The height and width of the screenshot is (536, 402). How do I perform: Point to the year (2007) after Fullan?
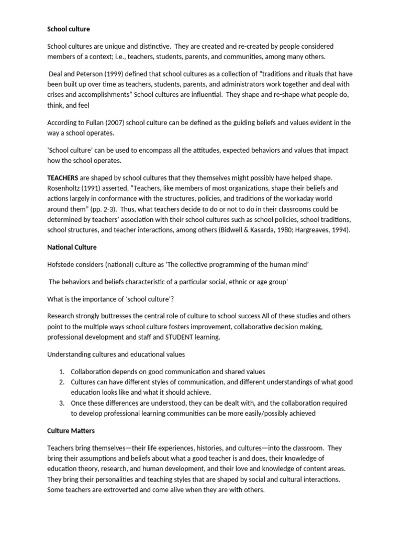point(119,122)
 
